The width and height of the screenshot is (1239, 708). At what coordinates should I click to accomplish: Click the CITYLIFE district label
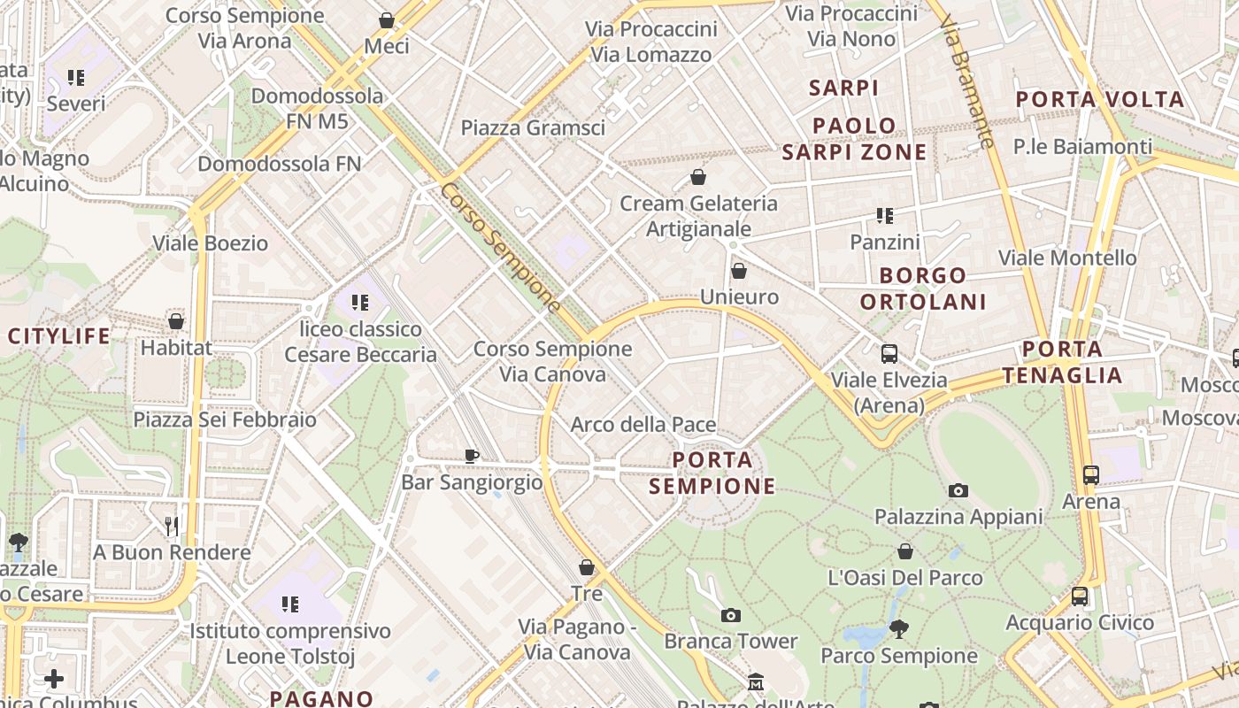(59, 336)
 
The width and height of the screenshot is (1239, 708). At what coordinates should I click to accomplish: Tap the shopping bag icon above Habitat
(176, 321)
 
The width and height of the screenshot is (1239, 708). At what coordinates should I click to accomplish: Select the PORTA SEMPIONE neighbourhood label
(712, 473)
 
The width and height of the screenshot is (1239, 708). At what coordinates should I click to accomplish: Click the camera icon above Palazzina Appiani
(958, 490)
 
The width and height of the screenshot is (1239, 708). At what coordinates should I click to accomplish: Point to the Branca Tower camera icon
(730, 615)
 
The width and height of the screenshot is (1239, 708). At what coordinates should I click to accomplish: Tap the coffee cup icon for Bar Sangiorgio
(472, 456)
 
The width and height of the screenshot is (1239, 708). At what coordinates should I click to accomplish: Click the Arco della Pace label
(643, 425)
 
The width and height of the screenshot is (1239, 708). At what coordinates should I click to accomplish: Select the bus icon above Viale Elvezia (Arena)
(889, 354)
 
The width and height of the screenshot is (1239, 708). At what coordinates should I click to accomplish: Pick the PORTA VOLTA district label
(1099, 99)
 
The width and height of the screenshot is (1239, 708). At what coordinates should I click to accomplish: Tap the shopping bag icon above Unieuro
(739, 271)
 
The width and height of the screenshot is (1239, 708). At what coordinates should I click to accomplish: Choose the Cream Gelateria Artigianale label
(698, 216)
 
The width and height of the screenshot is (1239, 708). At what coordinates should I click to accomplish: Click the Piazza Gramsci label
(533, 127)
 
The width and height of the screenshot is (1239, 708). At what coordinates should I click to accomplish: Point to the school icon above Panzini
(884, 215)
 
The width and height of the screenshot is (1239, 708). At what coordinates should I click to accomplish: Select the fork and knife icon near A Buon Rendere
(172, 527)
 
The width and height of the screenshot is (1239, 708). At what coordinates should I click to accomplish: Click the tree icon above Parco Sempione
(899, 629)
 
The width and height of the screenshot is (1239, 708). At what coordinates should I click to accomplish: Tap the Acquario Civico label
(1080, 623)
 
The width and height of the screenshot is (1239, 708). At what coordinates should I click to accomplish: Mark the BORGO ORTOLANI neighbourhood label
(923, 289)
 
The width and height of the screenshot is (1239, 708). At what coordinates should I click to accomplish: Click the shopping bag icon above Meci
(387, 20)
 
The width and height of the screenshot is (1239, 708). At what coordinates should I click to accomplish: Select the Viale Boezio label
(210, 243)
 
